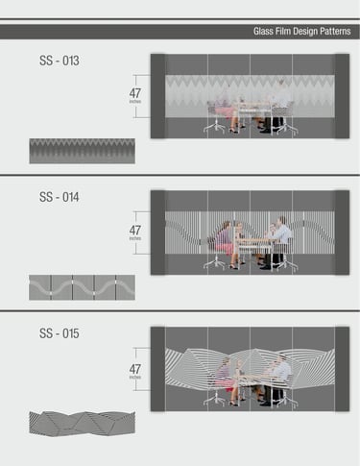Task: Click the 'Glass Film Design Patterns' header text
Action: (x=301, y=32)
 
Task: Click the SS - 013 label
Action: (x=60, y=61)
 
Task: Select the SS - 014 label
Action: (x=60, y=197)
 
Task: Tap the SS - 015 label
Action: (x=60, y=333)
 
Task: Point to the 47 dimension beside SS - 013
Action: (x=135, y=93)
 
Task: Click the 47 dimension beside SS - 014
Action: (x=135, y=231)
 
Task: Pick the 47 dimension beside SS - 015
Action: (x=135, y=369)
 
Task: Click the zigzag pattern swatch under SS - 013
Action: (x=82, y=151)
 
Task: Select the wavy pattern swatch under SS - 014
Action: (x=82, y=287)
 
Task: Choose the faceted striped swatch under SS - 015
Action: (x=82, y=424)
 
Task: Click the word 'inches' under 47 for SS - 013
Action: (x=135, y=102)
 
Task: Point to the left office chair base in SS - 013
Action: (x=215, y=128)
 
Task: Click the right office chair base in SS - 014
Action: (x=286, y=264)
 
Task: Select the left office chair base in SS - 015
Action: (x=215, y=401)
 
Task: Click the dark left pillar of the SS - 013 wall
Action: (x=157, y=96)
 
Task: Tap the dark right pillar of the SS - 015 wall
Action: (x=342, y=369)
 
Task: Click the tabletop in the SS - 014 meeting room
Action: (x=252, y=240)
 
